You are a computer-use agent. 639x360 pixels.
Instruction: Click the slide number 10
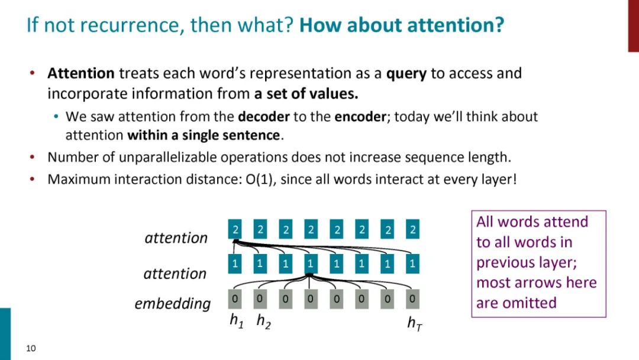point(31,348)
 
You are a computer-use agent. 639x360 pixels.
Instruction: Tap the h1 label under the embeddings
point(237,322)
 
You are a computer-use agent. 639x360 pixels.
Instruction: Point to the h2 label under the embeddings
point(263,322)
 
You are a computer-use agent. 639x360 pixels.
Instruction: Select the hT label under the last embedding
point(414,323)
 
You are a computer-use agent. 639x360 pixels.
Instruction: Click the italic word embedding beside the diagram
point(172,304)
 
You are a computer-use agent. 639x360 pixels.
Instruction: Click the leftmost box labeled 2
point(235,230)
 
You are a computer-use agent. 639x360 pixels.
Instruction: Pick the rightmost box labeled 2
point(413,230)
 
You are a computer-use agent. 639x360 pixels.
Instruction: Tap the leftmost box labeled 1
point(235,263)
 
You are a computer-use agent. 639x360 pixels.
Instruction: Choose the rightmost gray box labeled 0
point(413,299)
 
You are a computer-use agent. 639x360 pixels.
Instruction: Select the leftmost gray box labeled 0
point(235,299)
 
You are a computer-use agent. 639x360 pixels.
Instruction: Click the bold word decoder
point(264,117)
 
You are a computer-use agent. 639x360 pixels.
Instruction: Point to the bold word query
point(406,73)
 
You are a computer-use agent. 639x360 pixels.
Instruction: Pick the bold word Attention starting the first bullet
point(81,73)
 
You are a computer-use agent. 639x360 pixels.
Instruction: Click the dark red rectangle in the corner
point(633,25)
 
